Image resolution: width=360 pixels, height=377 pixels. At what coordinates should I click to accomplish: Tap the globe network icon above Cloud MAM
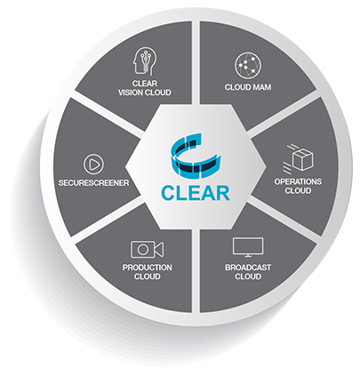[x=248, y=66]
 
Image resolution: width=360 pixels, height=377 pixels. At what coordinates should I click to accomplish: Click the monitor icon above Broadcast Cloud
[x=248, y=247]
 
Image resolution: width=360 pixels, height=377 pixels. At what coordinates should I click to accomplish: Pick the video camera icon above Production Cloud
[x=148, y=249]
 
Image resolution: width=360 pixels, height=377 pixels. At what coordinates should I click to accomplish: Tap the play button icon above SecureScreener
[x=93, y=164]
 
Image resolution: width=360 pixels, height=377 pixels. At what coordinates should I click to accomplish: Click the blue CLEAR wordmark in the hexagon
[x=196, y=194]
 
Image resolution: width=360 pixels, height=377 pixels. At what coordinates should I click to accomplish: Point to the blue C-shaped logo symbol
[x=196, y=156]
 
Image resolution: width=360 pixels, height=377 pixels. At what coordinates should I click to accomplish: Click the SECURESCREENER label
[x=93, y=183]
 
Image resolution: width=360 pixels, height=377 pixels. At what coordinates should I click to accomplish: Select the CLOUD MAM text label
[x=248, y=87]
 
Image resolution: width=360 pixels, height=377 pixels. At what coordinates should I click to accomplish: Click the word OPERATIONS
[x=298, y=181]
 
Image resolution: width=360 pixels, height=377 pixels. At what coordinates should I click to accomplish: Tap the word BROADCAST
[x=248, y=268]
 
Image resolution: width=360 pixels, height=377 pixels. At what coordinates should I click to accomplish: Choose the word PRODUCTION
[x=148, y=268]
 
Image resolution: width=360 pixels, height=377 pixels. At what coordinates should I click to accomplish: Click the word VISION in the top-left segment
[x=131, y=92]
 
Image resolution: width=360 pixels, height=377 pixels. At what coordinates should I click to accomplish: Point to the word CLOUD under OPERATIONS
[x=298, y=190]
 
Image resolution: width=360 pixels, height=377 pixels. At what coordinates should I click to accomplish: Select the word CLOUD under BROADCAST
[x=248, y=277]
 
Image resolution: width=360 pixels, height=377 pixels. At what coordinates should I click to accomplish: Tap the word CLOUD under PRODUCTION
[x=148, y=277]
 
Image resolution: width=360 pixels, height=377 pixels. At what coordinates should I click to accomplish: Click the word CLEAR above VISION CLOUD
[x=145, y=84]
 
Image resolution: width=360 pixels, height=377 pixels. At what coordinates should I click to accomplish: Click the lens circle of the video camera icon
[x=143, y=250]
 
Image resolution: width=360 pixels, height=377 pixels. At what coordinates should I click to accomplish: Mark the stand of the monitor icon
[x=248, y=255]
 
